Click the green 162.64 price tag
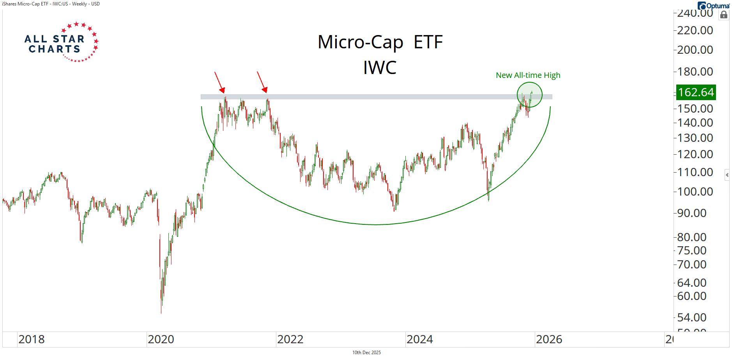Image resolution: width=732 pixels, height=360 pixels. (695, 92)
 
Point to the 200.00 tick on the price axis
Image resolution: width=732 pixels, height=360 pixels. (695, 50)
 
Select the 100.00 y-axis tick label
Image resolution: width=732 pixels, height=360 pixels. (695, 192)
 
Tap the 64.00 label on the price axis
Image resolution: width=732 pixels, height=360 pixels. (691, 283)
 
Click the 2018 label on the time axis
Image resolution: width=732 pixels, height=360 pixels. (32, 339)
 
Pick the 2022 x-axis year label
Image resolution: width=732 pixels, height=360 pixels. (290, 339)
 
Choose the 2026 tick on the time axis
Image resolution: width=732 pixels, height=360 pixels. (549, 339)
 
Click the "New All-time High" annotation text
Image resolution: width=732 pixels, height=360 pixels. (528, 75)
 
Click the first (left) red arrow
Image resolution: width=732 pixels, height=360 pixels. (219, 82)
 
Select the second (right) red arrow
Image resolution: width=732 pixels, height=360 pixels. (262, 82)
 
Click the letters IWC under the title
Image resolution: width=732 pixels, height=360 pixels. (380, 68)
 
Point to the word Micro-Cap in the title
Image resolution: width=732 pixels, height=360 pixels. (360, 42)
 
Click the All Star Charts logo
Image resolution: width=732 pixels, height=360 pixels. (62, 42)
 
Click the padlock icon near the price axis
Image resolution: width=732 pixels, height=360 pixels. (723, 15)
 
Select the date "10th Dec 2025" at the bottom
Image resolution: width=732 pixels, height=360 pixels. (366, 353)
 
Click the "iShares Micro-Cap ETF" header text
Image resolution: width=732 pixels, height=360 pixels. (26, 4)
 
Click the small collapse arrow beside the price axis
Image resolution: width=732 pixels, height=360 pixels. (727, 175)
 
